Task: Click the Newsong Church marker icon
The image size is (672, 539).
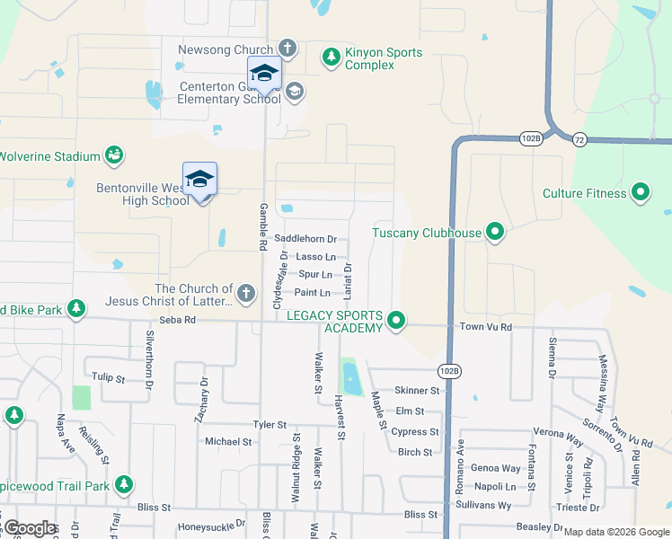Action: pyautogui.click(x=287, y=48)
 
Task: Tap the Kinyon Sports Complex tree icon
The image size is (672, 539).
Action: pyautogui.click(x=332, y=58)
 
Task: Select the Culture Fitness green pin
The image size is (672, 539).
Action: pyautogui.click(x=641, y=193)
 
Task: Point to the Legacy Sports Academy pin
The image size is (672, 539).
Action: pyautogui.click(x=396, y=321)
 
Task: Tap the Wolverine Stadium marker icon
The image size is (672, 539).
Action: pyautogui.click(x=114, y=156)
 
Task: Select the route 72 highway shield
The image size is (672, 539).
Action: pyautogui.click(x=579, y=139)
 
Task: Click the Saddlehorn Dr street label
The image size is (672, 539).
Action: pyautogui.click(x=305, y=239)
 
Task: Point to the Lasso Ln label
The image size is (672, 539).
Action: pyautogui.click(x=315, y=257)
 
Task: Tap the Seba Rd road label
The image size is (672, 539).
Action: pyautogui.click(x=177, y=319)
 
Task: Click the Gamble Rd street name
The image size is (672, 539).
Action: pyautogui.click(x=264, y=226)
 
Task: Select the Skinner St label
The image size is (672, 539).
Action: pyautogui.click(x=417, y=391)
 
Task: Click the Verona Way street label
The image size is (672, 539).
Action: pyautogui.click(x=558, y=433)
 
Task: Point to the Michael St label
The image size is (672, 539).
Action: pyautogui.click(x=228, y=442)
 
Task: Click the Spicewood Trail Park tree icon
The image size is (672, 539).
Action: pyautogui.click(x=123, y=486)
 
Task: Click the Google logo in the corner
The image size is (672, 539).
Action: pyautogui.click(x=30, y=528)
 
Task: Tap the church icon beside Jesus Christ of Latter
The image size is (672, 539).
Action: pyautogui.click(x=245, y=293)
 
